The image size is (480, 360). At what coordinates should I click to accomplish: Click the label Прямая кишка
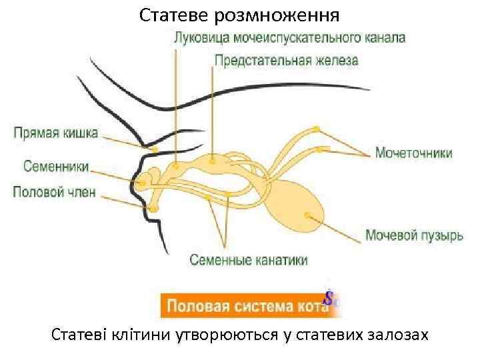coord(56,132)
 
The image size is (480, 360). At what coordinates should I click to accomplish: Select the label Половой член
coord(55,193)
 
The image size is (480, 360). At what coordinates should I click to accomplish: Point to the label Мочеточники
coord(413,153)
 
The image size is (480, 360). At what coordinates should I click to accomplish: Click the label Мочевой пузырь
coord(414,235)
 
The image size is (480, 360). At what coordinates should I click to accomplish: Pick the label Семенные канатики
coord(249,259)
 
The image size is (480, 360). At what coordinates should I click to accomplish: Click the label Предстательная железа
coord(286,60)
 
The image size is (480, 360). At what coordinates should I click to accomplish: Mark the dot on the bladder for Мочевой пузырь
coord(307,215)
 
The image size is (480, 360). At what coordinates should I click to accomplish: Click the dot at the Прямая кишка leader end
coord(155,151)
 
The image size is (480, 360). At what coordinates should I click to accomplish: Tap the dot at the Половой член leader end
coord(154,209)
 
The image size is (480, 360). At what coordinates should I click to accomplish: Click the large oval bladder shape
coord(297,203)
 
